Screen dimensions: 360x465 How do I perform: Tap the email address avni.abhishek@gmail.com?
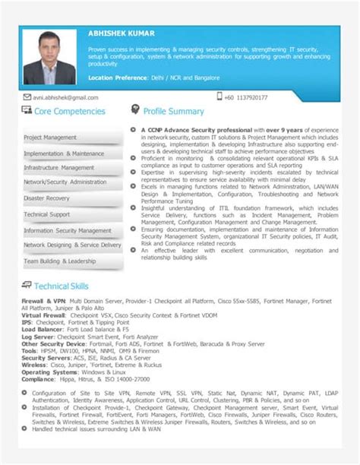pos(65,97)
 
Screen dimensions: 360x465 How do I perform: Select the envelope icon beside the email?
pos(27,97)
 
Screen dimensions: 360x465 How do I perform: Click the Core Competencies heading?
pos(69,112)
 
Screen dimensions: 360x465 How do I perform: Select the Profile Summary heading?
pos(174,112)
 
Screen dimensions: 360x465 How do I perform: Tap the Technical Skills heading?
pos(62,286)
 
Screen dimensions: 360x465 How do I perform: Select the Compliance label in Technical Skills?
pos(38,379)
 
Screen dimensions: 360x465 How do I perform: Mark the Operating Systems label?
pos(46,373)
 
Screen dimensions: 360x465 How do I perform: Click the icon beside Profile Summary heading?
pos(135,110)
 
